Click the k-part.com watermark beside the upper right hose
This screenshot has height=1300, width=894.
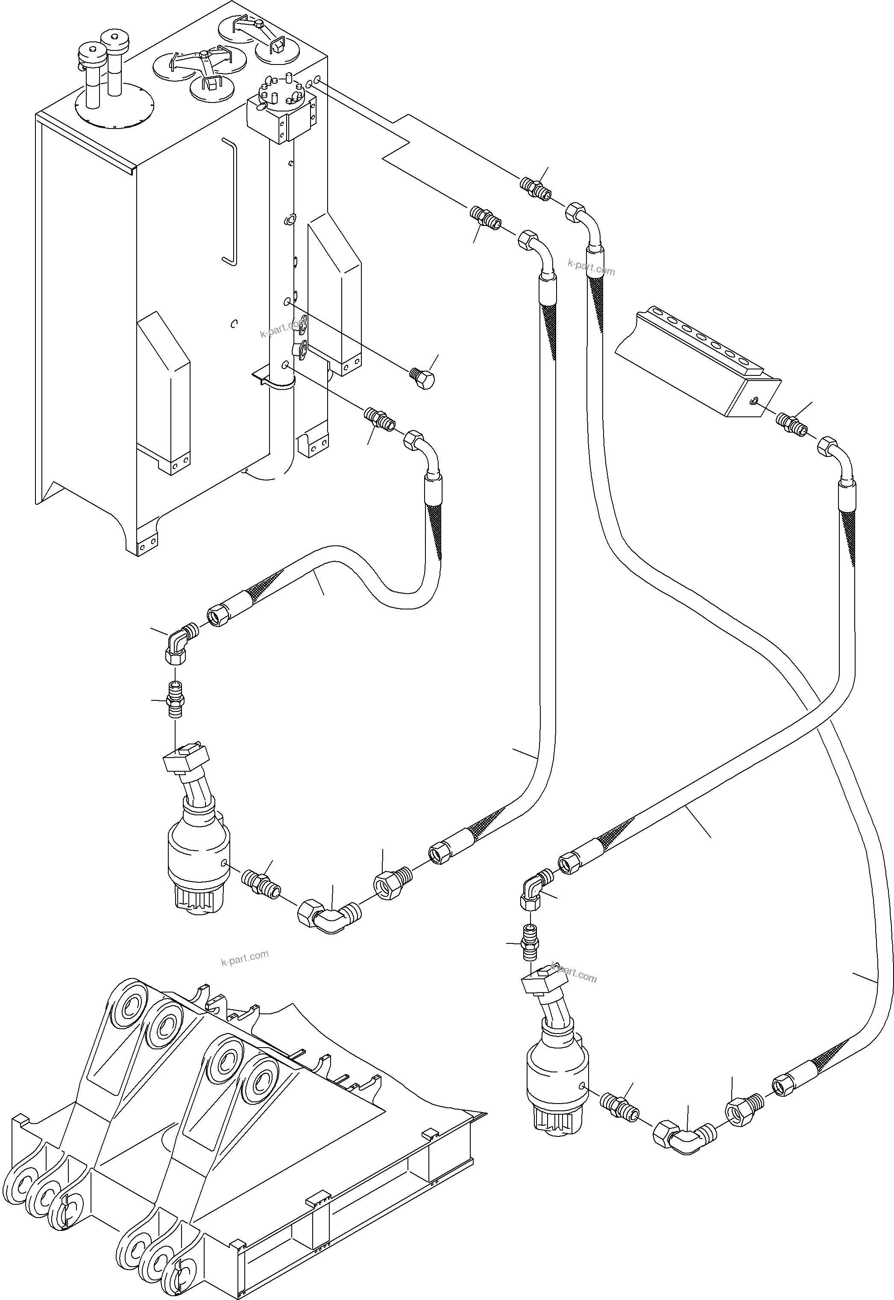[x=591, y=268]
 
